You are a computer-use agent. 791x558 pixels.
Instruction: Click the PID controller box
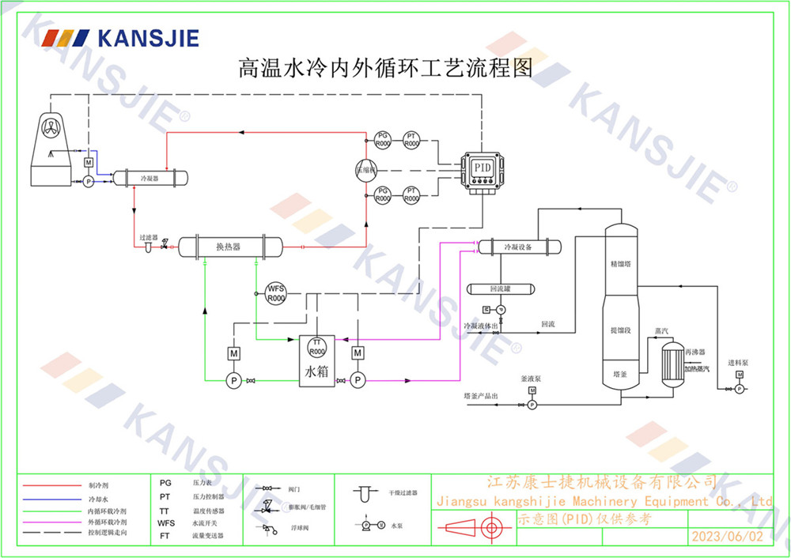point(483,169)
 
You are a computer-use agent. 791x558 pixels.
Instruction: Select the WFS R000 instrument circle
point(275,293)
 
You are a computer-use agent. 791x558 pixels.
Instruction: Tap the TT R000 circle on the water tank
point(316,346)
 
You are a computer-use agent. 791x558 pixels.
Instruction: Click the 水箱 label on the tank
point(316,371)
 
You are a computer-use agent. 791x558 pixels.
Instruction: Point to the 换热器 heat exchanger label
point(228,247)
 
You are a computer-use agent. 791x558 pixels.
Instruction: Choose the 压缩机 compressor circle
point(366,169)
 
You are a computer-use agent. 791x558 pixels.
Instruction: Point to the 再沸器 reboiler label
point(695,351)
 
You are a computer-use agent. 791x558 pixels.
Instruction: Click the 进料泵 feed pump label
point(740,363)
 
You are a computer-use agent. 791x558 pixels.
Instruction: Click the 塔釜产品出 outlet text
point(482,395)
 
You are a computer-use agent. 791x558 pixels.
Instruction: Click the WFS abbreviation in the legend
point(166,523)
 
